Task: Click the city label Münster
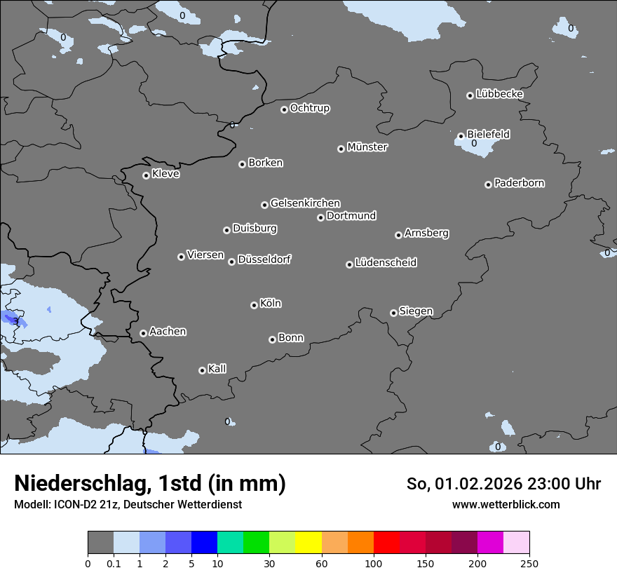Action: [367, 147]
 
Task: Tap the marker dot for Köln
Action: [254, 305]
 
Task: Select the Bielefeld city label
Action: [488, 134]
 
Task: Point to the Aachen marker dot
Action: [143, 333]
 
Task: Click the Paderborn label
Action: [519, 183]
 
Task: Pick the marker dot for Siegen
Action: [393, 313]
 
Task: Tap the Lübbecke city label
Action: [499, 94]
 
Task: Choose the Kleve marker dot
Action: [146, 175]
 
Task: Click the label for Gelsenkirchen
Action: [305, 203]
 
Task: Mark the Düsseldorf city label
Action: [264, 259]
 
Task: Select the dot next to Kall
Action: [202, 370]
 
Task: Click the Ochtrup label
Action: [309, 108]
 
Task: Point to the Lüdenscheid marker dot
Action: [349, 264]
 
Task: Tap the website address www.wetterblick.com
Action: [506, 504]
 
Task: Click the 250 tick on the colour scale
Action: [529, 563]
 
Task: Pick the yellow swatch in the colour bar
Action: [308, 543]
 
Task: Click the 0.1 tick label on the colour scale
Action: [114, 563]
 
